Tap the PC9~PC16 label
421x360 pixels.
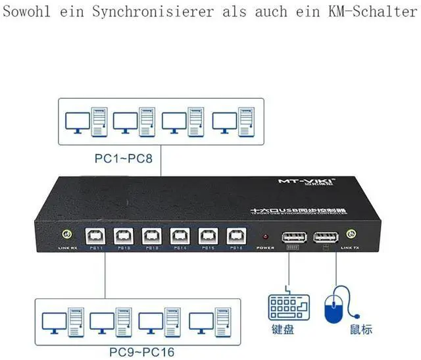coord(143,351)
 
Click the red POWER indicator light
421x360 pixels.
coord(265,236)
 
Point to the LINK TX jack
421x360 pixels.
coord(351,233)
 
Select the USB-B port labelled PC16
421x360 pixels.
coord(234,235)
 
